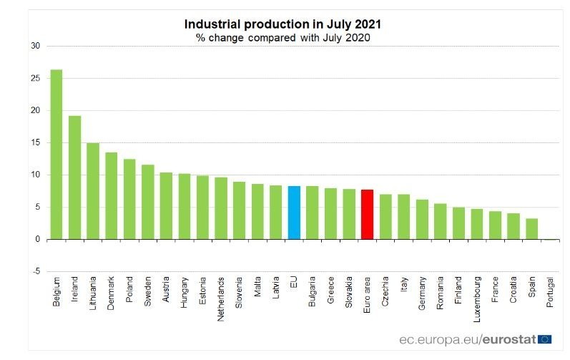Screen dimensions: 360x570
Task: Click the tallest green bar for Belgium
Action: pos(56,155)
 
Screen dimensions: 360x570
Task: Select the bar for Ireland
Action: pos(74,177)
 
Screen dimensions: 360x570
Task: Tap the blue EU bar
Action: pos(294,213)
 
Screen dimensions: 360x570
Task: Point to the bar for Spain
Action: pos(531,229)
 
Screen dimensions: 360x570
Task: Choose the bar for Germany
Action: pos(422,220)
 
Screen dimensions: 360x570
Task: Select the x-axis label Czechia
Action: pos(385,292)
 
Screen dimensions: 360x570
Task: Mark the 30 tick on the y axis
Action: pos(35,47)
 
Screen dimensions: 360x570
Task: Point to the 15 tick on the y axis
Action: pos(35,143)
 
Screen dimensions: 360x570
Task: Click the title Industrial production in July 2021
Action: pos(282,24)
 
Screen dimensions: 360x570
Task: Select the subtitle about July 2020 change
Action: pos(282,37)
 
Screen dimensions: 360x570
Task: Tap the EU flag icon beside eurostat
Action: pos(546,339)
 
